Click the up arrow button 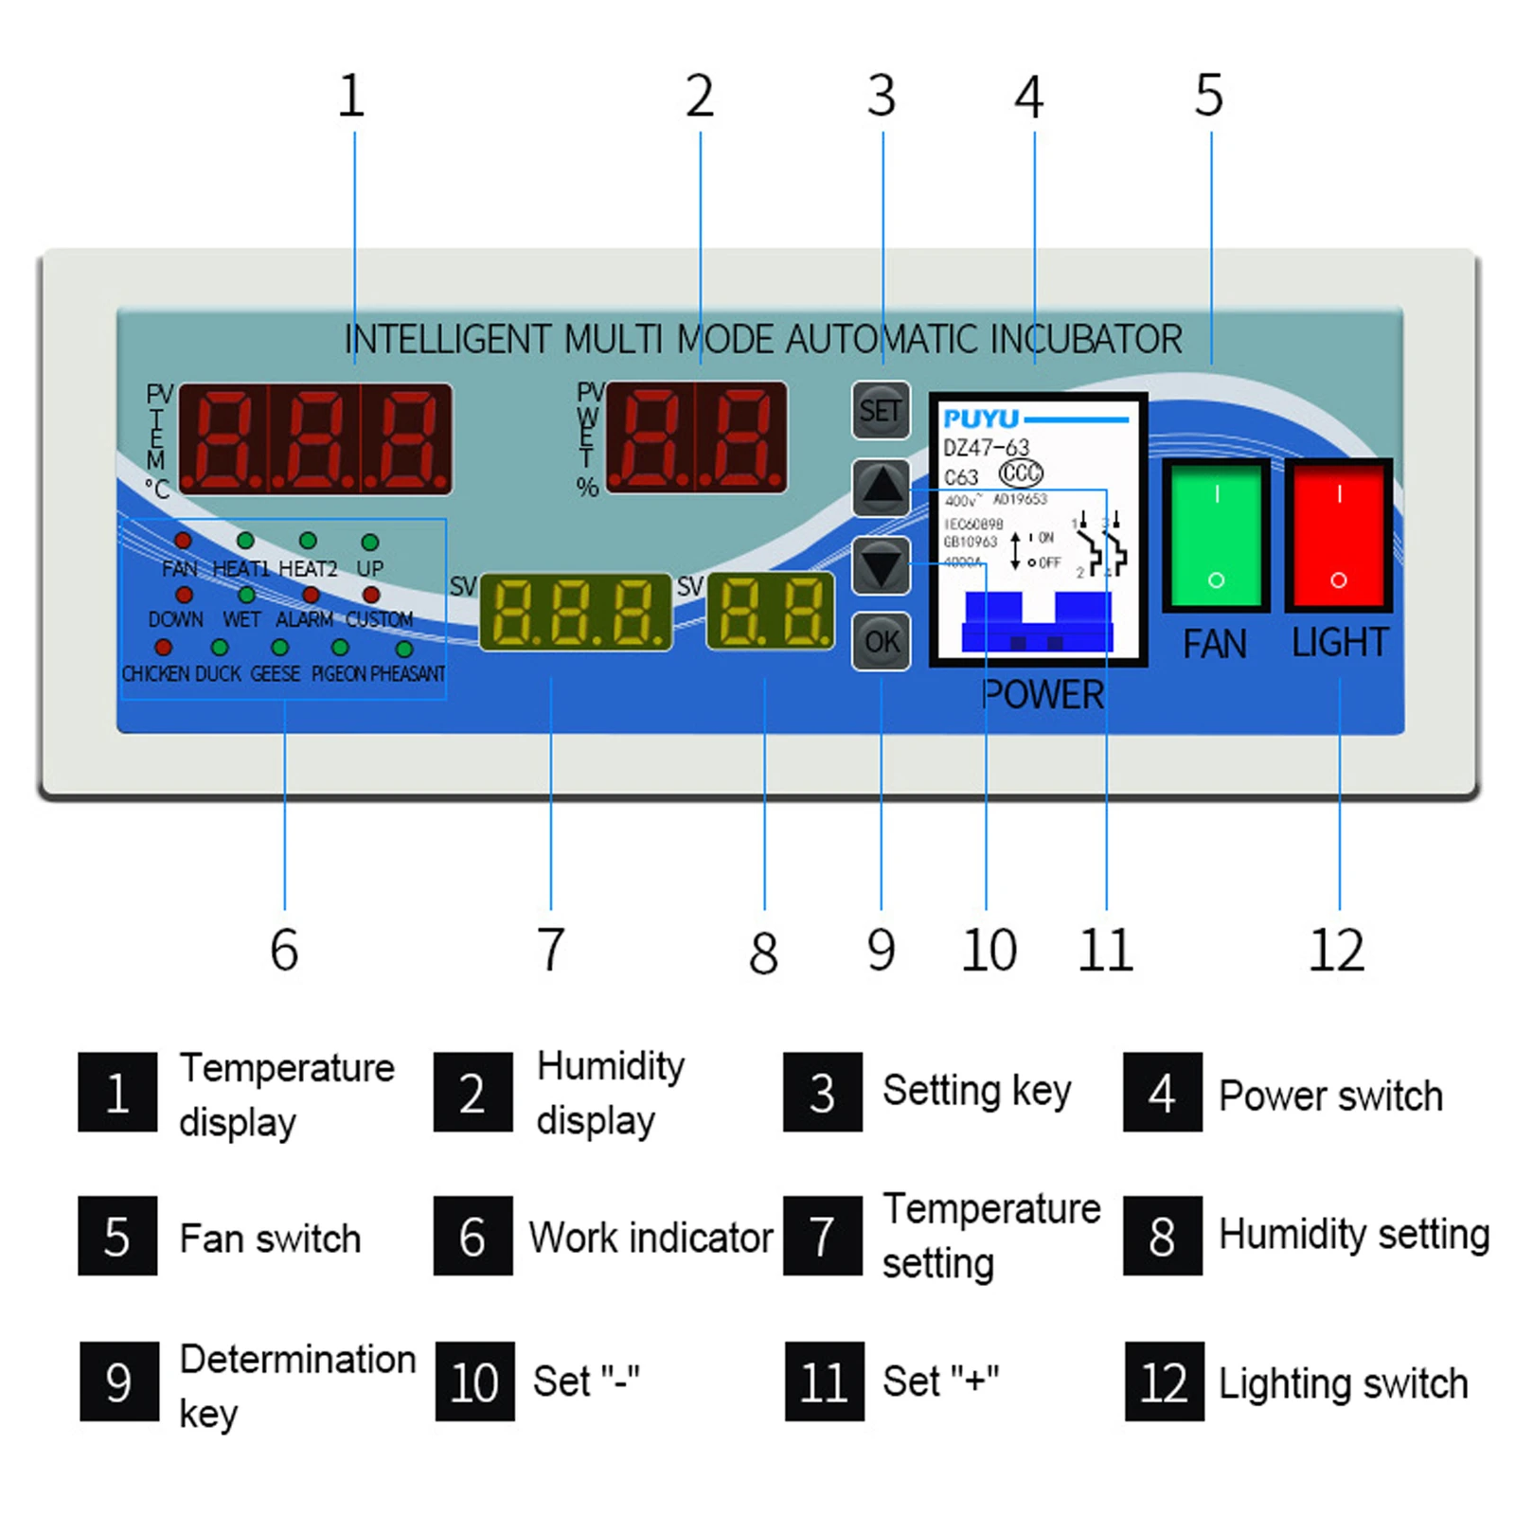881,488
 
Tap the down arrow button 881,565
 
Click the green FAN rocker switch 1216,536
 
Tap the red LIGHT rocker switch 1338,536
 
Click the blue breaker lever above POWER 1038,623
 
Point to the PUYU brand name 981,419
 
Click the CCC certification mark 1021,472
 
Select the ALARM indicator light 311,596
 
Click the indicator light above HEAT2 308,541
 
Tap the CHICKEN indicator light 164,648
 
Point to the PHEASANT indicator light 404,650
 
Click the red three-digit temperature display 315,439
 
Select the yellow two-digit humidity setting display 771,611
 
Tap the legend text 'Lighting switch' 1343,1383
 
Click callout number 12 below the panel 1336,950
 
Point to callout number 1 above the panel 351,96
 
